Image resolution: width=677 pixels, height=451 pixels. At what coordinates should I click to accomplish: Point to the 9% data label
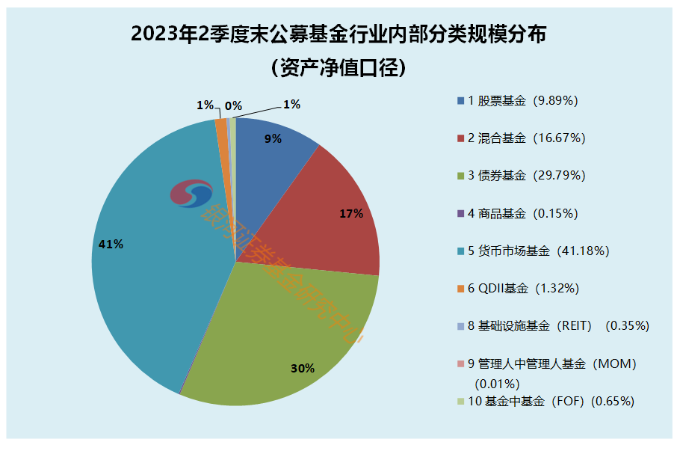[273, 138]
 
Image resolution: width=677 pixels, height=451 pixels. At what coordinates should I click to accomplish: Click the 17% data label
[351, 214]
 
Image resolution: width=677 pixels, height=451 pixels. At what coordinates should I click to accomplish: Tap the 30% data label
[303, 368]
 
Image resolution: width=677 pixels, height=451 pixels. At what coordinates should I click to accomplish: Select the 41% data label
[111, 244]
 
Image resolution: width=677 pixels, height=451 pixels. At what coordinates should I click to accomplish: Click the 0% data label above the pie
[233, 105]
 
